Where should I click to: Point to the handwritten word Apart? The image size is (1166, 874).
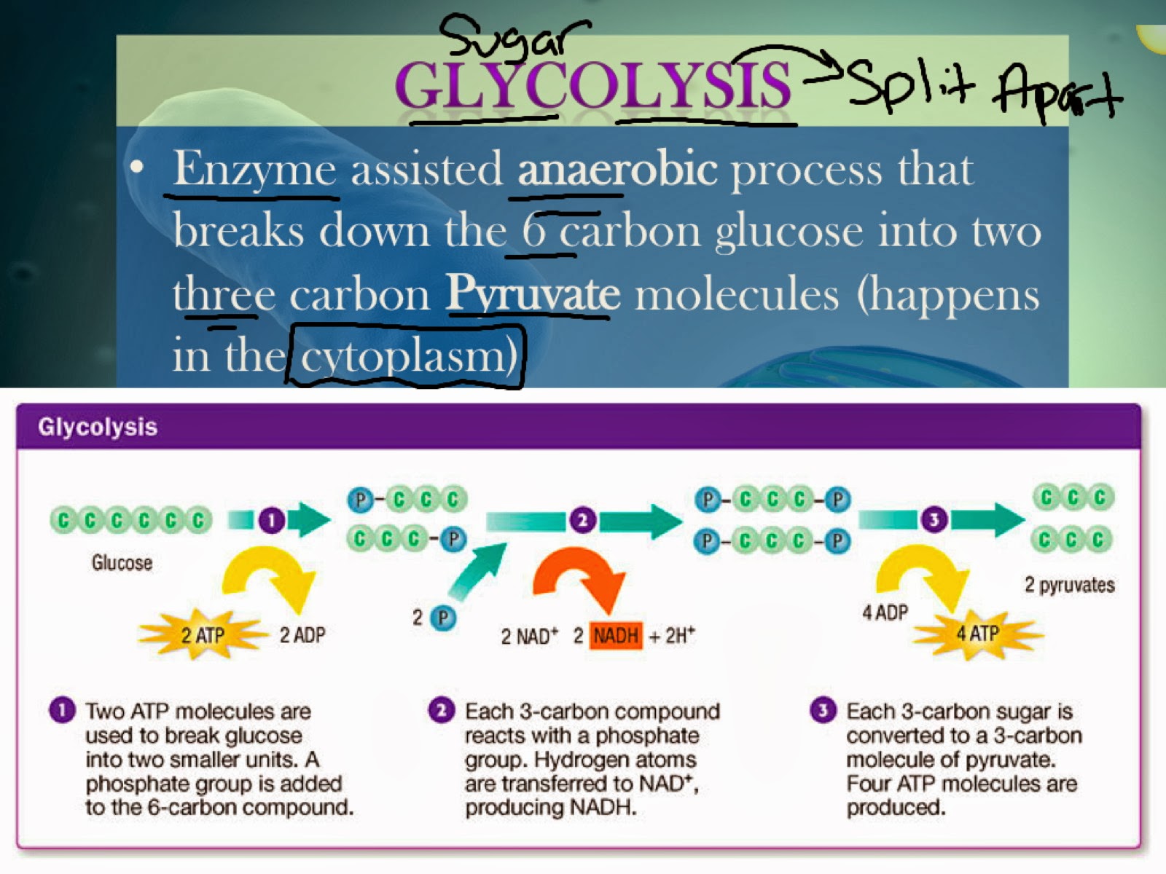pos(1055,92)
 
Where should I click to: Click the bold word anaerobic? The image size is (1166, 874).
pos(617,169)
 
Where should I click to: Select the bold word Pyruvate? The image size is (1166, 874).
pos(533,294)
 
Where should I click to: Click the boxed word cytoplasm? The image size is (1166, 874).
pos(406,356)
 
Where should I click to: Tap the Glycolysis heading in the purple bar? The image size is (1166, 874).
pos(98,427)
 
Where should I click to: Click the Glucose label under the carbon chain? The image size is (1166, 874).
pos(122,562)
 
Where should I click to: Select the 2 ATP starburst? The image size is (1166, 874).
pos(202,635)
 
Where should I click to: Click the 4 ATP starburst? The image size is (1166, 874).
pos(977,633)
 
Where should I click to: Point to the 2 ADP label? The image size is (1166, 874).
pos(302,635)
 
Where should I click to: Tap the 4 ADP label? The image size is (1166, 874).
pos(885,613)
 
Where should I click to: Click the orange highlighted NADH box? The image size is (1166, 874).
pos(616,636)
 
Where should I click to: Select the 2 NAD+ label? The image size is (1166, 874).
pos(529,637)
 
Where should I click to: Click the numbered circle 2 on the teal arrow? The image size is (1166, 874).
pos(582,520)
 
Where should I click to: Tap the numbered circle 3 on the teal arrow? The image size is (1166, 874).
pos(934,519)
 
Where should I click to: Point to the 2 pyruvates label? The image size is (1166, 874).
pos(1069,585)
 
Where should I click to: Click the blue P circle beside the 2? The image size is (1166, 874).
pos(442,618)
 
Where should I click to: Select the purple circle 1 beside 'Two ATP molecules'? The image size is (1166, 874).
pos(62,710)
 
